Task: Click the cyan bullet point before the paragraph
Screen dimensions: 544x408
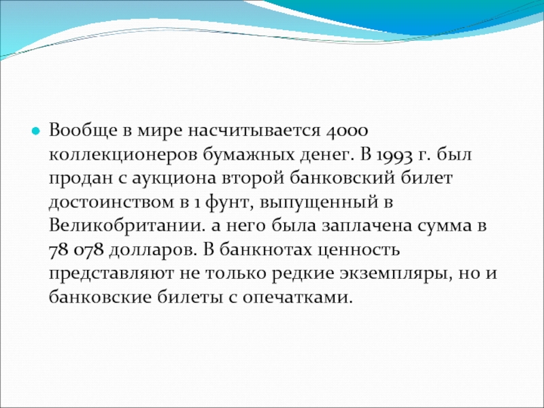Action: point(35,131)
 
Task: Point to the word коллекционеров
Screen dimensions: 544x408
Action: point(122,155)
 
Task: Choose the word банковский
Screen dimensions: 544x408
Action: point(343,177)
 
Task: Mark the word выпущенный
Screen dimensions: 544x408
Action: point(318,203)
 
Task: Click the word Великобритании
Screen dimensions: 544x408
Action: point(125,226)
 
